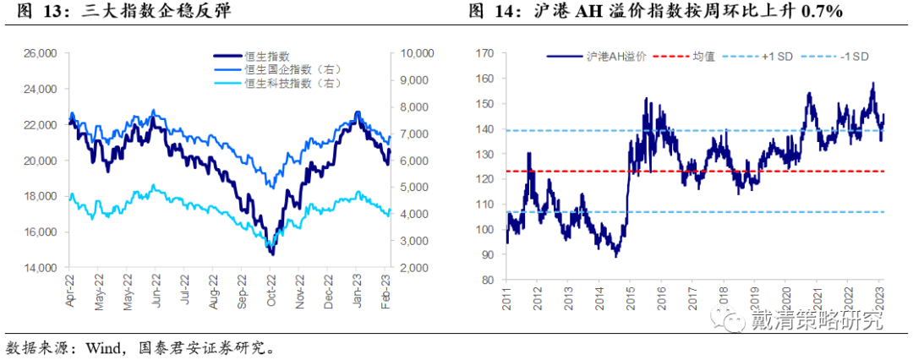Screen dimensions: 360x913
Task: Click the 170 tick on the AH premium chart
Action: click(x=484, y=53)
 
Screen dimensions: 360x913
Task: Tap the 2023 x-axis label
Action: click(x=879, y=297)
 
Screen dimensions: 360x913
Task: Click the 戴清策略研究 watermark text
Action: click(x=817, y=320)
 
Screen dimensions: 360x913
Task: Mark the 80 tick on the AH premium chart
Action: click(x=488, y=281)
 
